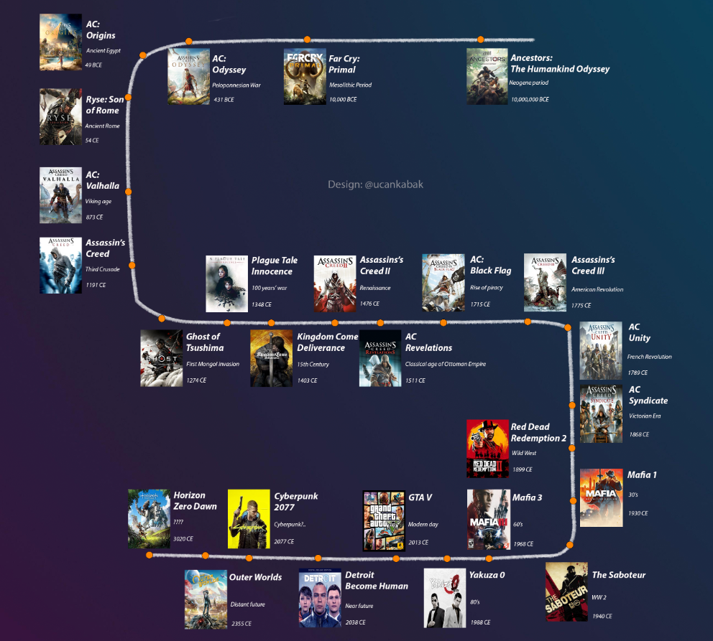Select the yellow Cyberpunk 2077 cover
click(249, 519)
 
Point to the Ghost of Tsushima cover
click(162, 358)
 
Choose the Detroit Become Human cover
click(320, 598)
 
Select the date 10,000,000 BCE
click(530, 100)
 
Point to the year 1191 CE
click(96, 285)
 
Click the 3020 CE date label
click(183, 538)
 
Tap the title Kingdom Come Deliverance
click(327, 342)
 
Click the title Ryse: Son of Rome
click(105, 105)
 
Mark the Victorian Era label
click(645, 416)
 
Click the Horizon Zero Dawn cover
click(147, 519)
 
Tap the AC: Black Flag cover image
click(443, 283)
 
